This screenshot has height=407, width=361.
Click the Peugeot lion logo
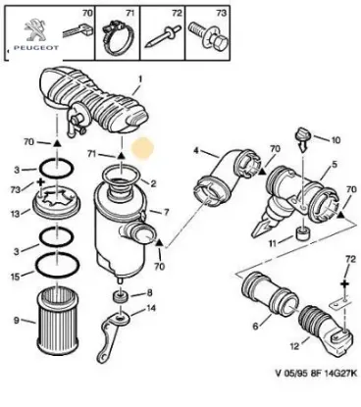(x=36, y=30)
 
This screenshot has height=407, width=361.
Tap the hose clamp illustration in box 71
(x=117, y=37)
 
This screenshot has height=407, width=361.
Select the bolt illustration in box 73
(x=209, y=37)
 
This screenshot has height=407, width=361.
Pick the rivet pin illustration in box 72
(x=162, y=37)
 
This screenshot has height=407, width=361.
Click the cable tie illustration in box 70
(x=77, y=31)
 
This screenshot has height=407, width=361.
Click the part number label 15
(x=15, y=277)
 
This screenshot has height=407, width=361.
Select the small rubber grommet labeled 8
(x=121, y=296)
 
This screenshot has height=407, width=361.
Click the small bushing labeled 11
(x=303, y=233)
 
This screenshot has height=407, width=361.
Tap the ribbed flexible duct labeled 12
(x=326, y=331)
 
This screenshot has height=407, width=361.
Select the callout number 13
(x=15, y=213)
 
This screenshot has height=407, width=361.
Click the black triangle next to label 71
(x=122, y=155)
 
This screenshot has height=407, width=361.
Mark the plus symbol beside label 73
(x=41, y=181)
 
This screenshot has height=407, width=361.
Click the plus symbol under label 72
(x=344, y=284)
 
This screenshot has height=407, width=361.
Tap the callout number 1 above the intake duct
(x=139, y=78)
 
